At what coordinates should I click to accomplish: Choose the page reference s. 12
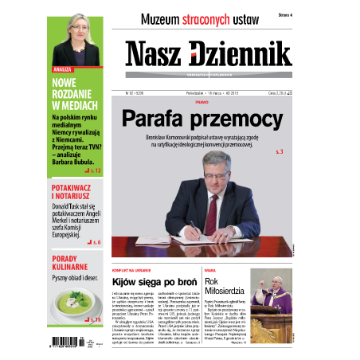pyautogui.click(x=92, y=171)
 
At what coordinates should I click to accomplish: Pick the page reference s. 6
pyautogui.click(x=94, y=241)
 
